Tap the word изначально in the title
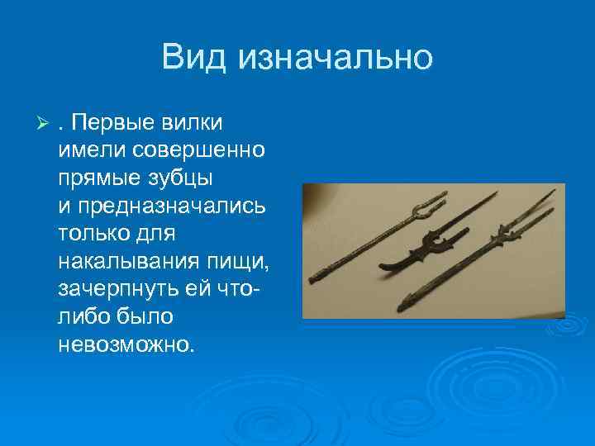pos(334,58)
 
